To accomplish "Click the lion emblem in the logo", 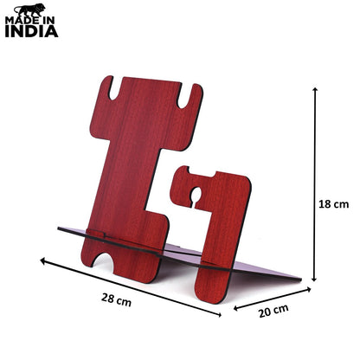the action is pos(29,10).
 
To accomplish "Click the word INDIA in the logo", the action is pos(32,31).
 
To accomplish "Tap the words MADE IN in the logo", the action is pos(29,21).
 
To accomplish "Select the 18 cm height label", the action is pos(333,204).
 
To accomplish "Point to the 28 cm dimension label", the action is pos(116,299).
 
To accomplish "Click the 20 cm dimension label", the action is pos(273,311).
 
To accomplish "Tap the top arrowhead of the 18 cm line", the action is pos(315,89).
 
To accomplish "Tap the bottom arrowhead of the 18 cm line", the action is pos(314,279).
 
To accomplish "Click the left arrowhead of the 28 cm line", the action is pos(43,260).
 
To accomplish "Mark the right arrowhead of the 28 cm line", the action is pos(219,314).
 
